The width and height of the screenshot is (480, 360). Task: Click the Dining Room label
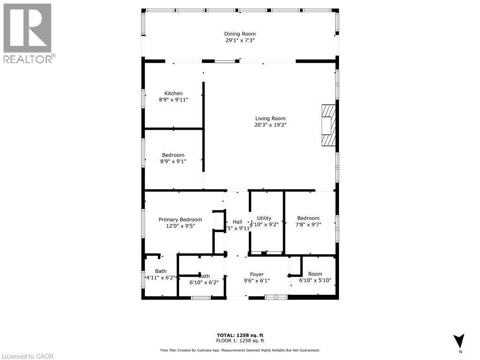[240, 34]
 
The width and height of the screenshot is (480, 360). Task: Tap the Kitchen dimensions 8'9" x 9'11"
[173, 100]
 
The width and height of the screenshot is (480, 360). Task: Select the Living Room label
[270, 119]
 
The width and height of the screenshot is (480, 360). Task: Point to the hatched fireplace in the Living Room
[329, 126]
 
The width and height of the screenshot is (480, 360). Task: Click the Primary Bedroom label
[180, 219]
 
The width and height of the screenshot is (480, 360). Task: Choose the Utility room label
[264, 218]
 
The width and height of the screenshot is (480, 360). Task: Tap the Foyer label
[256, 274]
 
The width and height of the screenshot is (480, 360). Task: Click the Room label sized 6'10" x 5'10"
[315, 274]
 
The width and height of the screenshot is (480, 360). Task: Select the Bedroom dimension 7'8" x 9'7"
[308, 225]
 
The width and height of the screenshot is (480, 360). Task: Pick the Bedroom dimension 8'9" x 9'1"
[173, 162]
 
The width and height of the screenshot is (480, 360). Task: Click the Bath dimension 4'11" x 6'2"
[161, 277]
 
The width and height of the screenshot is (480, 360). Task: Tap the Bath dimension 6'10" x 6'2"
[204, 283]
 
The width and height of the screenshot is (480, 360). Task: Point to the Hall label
[238, 222]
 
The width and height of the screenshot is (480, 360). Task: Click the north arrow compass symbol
[459, 341]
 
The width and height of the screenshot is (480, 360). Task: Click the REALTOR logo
[28, 33]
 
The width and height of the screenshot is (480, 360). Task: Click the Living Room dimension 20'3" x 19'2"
[270, 125]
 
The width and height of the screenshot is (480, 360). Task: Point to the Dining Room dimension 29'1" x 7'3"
[240, 40]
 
